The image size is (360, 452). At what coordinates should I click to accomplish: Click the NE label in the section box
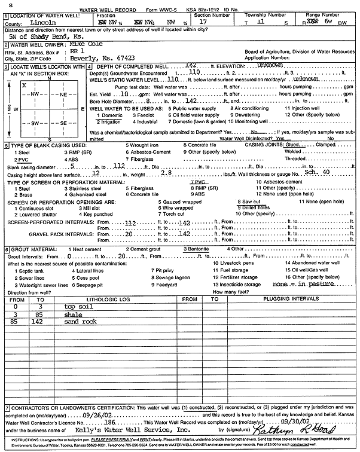coord(62,94)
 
